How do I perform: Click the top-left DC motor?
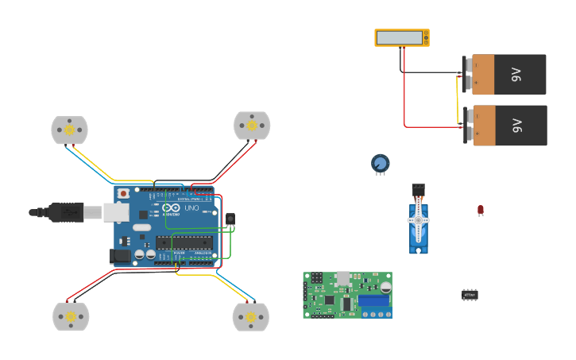point(69,130)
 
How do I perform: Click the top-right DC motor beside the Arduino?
point(252,125)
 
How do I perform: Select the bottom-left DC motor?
point(71,316)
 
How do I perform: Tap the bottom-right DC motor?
point(250,316)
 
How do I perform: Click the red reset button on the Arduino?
point(123,193)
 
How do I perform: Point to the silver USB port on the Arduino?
point(116,212)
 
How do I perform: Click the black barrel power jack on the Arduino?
point(119,256)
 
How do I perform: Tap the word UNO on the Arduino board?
point(191,208)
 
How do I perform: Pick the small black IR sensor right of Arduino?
point(230,219)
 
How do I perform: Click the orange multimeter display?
point(401,37)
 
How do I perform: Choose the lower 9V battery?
point(508,126)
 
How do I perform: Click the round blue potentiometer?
point(381,163)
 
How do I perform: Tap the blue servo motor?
point(419,223)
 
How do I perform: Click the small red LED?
point(481,209)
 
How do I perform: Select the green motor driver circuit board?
point(346,296)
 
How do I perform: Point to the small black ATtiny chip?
point(470,295)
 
